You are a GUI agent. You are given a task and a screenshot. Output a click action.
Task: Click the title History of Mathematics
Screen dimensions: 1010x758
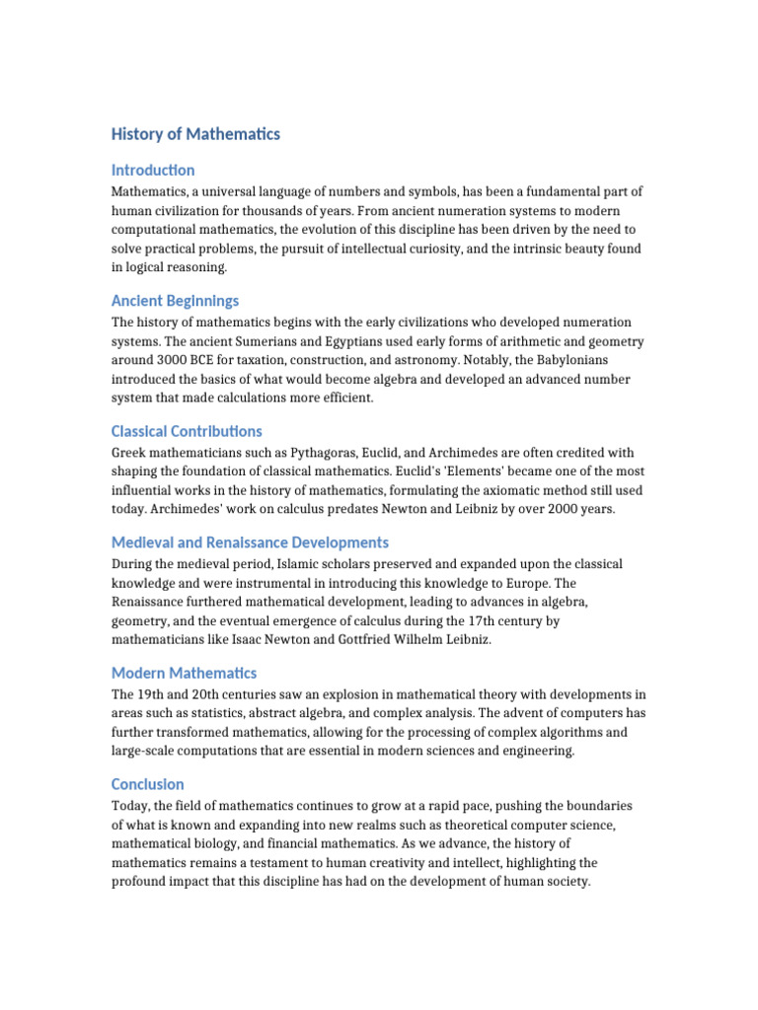pyautogui.click(x=195, y=134)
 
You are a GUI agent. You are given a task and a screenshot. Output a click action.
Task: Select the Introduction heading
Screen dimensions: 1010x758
pyautogui.click(x=153, y=171)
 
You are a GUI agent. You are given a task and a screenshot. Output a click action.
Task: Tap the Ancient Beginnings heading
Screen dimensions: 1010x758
pyautogui.click(x=175, y=301)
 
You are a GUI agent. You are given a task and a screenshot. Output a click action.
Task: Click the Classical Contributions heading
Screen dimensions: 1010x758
pyautogui.click(x=187, y=431)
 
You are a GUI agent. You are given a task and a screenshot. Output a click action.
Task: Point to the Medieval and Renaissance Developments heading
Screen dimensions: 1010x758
pyautogui.click(x=250, y=542)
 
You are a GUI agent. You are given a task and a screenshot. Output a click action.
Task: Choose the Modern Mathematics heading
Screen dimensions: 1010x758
pyautogui.click(x=184, y=673)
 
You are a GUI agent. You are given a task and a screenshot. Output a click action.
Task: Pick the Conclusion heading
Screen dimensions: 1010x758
pyautogui.click(x=147, y=784)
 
